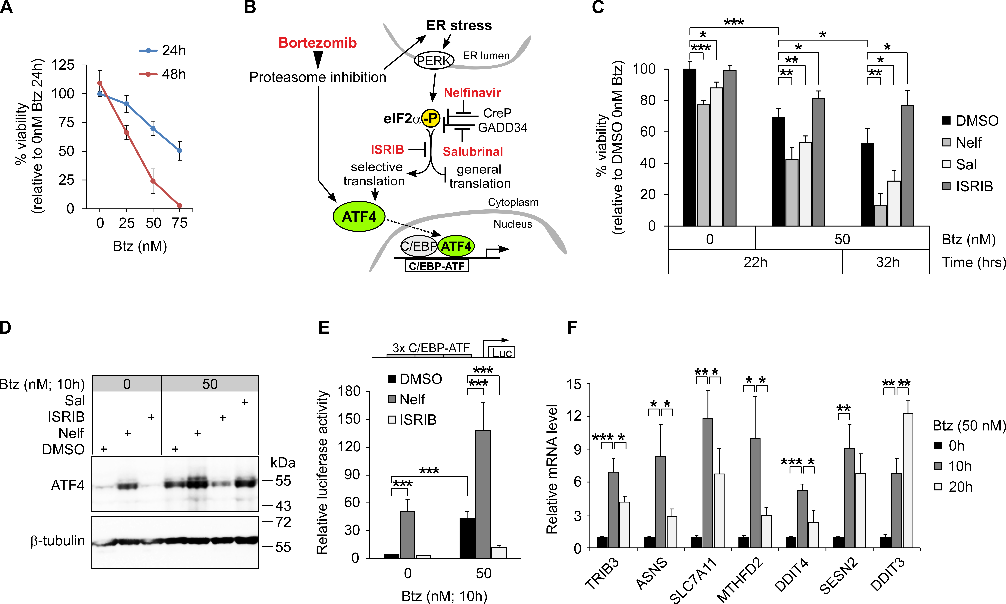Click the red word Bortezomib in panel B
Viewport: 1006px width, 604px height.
(318, 43)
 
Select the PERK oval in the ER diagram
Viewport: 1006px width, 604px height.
(434, 61)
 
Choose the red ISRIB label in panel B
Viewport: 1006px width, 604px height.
(387, 150)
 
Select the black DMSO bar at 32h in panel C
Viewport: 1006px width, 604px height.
(867, 185)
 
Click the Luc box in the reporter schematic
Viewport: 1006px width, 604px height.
(502, 353)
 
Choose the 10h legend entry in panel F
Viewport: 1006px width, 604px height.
(960, 466)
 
